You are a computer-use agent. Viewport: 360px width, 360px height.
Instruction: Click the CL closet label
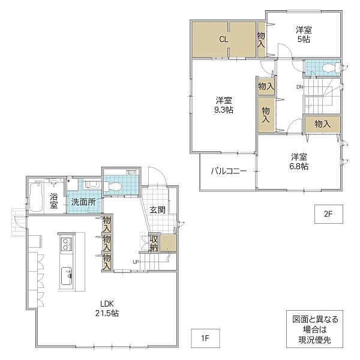pyautogui.click(x=223, y=40)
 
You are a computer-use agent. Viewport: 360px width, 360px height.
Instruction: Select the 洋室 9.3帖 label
pyautogui.click(x=224, y=105)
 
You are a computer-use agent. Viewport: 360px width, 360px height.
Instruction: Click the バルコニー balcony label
pyautogui.click(x=228, y=171)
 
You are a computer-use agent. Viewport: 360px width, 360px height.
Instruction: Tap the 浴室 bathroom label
pyautogui.click(x=54, y=200)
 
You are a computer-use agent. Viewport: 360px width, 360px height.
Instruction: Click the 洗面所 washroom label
pyautogui.click(x=83, y=202)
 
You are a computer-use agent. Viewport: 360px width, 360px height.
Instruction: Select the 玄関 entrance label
pyautogui.click(x=158, y=209)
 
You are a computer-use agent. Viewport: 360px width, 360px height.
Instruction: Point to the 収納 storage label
pyautogui.click(x=154, y=243)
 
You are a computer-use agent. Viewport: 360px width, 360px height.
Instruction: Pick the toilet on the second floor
pyautogui.click(x=328, y=68)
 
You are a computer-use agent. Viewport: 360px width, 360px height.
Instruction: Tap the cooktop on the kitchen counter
pyautogui.click(x=65, y=244)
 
